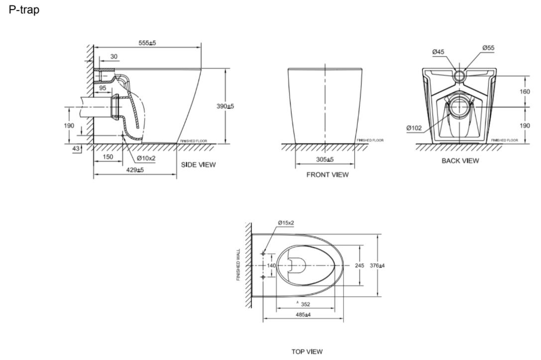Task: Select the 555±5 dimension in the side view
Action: (147, 43)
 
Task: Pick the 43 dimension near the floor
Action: (76, 149)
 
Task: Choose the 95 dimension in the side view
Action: (103, 88)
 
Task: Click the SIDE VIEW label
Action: (198, 165)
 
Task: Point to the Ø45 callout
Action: (438, 51)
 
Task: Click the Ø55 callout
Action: (488, 48)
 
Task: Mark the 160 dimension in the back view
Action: (525, 92)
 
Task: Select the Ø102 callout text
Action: (414, 128)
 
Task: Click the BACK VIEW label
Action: (460, 160)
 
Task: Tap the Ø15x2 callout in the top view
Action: (286, 222)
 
